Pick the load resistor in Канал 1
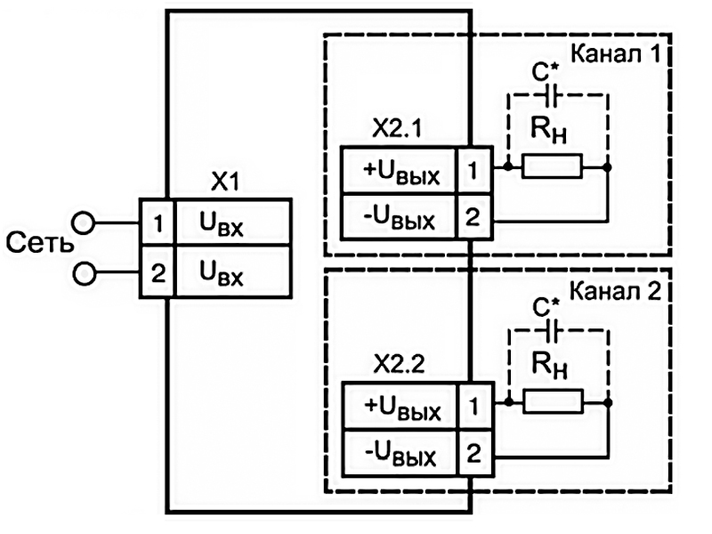[x=552, y=166]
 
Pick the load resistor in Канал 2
[x=552, y=401]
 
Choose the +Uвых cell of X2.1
[x=401, y=172]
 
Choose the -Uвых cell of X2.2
[x=401, y=455]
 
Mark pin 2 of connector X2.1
[x=473, y=217]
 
